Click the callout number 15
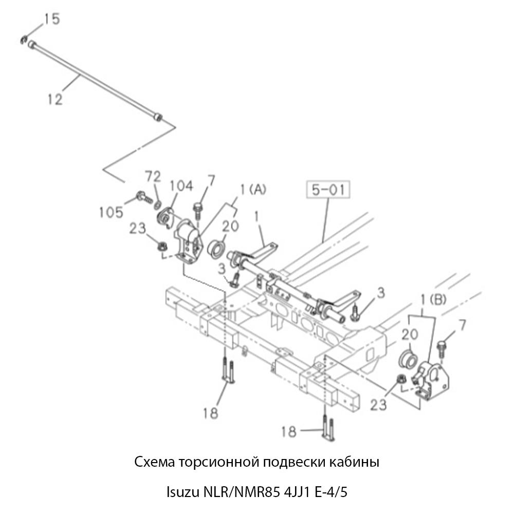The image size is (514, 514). click(x=51, y=20)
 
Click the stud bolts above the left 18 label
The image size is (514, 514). click(x=228, y=371)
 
